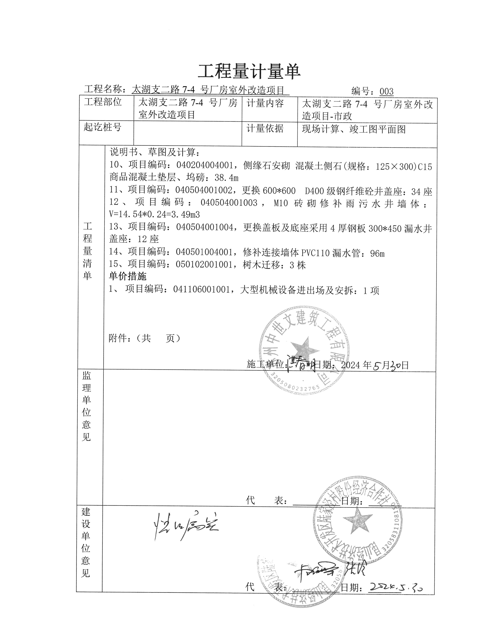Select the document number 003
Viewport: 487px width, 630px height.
point(386,91)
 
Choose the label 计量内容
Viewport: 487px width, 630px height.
point(265,103)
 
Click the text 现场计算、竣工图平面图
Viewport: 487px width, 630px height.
point(354,129)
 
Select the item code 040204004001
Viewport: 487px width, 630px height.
point(205,165)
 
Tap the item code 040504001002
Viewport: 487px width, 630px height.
point(204,190)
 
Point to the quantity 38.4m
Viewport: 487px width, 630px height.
point(227,178)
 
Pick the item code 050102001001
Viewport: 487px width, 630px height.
point(204,265)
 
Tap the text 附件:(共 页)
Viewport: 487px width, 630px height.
point(144,338)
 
